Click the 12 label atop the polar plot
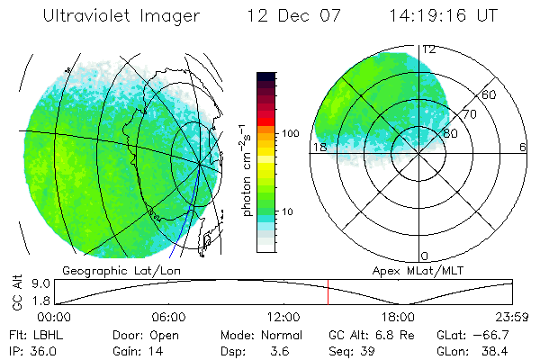pyautogui.click(x=430, y=49)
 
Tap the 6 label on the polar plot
pyautogui.click(x=522, y=147)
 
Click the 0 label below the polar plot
pyautogui.click(x=425, y=256)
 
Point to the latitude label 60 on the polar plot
pyautogui.click(x=490, y=94)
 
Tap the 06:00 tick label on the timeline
pyautogui.click(x=168, y=317)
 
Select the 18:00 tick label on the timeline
pyautogui.click(x=397, y=317)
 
